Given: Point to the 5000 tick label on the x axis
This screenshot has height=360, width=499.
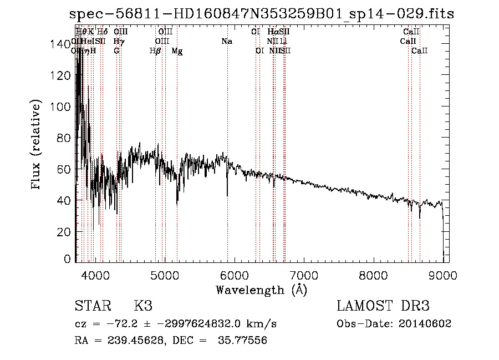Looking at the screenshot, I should click(164, 275).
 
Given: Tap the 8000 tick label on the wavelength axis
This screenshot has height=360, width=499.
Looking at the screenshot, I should click(373, 275).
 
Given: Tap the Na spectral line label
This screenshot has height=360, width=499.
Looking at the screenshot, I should click(226, 42).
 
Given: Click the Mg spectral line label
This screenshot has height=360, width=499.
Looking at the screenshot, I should click(177, 51).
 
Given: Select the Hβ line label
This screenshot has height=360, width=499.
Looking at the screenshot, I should click(155, 51).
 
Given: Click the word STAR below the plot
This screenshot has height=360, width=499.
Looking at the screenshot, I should click(92, 306).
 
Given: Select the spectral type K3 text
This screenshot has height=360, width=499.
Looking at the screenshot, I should click(143, 306).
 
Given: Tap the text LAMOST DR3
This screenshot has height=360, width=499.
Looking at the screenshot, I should click(383, 306).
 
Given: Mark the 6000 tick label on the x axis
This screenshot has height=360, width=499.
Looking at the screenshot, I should click(234, 275).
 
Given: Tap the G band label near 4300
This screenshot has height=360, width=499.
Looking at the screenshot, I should click(116, 51).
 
